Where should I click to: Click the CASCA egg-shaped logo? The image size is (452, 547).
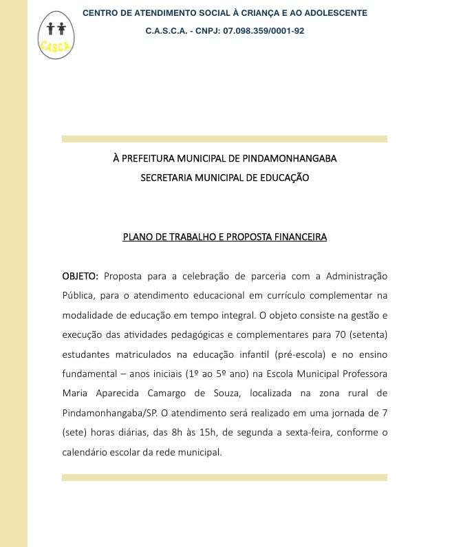pyautogui.click(x=56, y=35)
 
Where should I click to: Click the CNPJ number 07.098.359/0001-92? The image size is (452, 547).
pyautogui.click(x=263, y=31)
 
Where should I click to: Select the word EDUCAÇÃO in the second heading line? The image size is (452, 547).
pyautogui.click(x=283, y=178)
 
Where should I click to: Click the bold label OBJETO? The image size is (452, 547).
pyautogui.click(x=80, y=277)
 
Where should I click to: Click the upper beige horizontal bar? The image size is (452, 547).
pyautogui.click(x=224, y=139)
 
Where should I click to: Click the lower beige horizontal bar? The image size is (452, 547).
pyautogui.click(x=224, y=478)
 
